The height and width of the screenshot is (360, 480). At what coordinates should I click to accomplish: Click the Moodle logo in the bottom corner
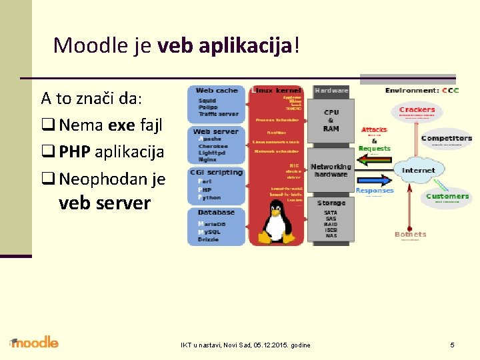coord(35,343)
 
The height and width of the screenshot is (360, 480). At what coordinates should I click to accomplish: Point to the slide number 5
coord(452,345)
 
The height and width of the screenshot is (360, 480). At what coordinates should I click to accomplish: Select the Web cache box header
coord(217,91)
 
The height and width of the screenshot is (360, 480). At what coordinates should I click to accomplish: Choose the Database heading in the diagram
coord(217,212)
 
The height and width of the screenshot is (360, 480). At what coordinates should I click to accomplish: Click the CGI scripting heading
coord(217,172)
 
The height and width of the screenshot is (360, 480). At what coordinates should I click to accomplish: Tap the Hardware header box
coord(331,90)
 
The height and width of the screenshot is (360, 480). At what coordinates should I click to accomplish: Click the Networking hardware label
coord(331,170)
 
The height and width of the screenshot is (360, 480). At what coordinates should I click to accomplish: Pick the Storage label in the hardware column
coord(331,203)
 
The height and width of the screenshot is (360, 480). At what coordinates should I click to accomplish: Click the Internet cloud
coord(418,171)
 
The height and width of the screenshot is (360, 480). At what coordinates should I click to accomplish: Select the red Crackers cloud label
coord(417,110)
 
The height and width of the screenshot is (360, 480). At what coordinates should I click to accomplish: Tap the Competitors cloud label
coord(447,139)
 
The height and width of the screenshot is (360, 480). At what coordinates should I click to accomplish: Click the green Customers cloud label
coord(447,196)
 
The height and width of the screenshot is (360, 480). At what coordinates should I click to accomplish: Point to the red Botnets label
coord(410,234)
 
